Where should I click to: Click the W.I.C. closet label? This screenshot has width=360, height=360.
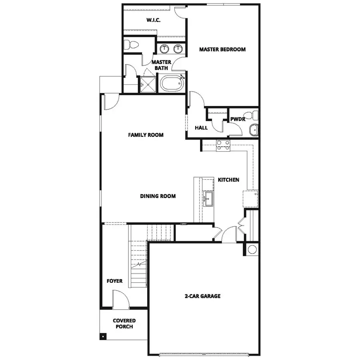[x=154, y=20]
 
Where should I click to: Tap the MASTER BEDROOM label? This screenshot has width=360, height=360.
[x=222, y=50]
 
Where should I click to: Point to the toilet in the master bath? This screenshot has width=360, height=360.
[x=130, y=44]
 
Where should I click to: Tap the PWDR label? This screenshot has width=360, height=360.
[x=238, y=119]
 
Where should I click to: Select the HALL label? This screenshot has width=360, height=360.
[x=201, y=128]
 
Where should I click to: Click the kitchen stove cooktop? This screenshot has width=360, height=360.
[x=223, y=146]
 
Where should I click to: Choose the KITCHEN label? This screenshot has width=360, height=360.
[x=228, y=180]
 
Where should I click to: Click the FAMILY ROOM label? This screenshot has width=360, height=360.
[x=146, y=135]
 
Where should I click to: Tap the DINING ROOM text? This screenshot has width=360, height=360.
[x=158, y=196]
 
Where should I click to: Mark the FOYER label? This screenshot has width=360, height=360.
[x=114, y=281]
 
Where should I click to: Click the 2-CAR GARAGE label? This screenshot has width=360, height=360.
[x=202, y=296]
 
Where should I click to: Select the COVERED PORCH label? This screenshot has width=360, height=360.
[x=124, y=324]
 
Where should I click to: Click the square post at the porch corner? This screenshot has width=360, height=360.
[x=103, y=336]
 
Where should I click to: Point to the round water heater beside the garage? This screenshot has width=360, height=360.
[x=252, y=250]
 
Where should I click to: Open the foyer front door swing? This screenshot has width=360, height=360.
[x=120, y=300]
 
